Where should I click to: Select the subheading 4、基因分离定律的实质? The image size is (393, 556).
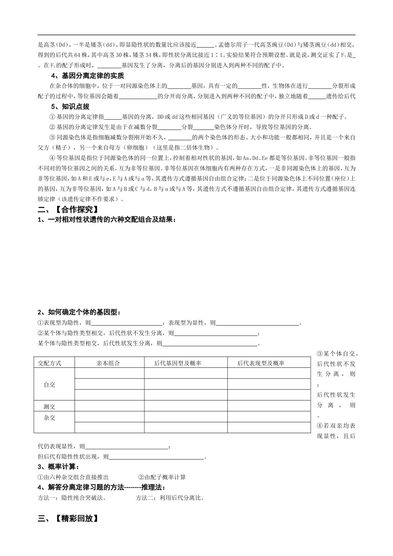[x=87, y=76]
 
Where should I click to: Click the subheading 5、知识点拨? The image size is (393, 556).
[x=70, y=107]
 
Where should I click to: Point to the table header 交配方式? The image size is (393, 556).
[x=50, y=363]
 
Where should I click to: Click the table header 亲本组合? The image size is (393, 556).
[x=108, y=363]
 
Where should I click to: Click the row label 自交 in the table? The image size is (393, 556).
[x=50, y=384]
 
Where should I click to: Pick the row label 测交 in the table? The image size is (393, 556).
[x=50, y=406]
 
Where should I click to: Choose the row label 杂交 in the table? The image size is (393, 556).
[x=50, y=417]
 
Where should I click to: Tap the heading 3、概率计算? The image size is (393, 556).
[x=58, y=467]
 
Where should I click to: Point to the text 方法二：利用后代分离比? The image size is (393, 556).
[x=170, y=498]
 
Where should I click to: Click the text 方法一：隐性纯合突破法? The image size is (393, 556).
[x=72, y=498]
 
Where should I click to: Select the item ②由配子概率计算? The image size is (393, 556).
[x=162, y=477]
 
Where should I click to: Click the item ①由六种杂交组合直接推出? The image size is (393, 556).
[x=74, y=477]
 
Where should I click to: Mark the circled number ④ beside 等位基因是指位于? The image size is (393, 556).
[x=52, y=158]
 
